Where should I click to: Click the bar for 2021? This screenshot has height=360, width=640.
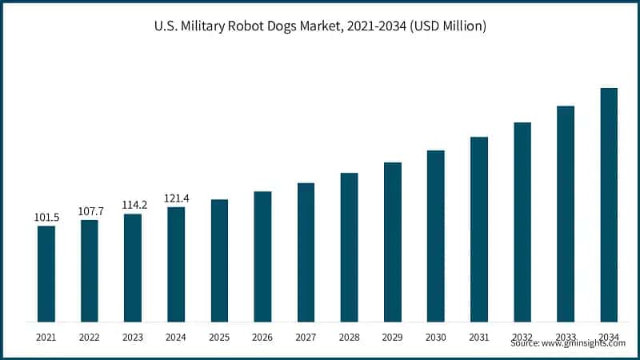46,274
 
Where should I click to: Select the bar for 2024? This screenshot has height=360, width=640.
176,264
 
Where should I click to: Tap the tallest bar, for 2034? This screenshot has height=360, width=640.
609,205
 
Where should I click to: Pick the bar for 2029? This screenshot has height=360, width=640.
392,242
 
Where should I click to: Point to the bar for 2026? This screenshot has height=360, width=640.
262,256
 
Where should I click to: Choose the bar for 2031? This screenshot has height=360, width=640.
479,229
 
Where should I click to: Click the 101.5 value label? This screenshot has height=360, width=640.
46,217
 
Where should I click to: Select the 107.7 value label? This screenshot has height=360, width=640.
90,211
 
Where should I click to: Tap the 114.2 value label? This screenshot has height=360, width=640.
133,205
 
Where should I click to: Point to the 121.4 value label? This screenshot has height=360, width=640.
176,198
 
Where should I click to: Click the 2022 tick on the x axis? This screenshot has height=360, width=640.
90,337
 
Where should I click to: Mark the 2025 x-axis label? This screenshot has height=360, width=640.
219,337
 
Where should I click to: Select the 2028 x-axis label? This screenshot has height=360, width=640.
349,337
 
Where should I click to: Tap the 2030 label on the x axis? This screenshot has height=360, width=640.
435,337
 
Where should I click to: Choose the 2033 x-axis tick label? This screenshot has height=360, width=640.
566,337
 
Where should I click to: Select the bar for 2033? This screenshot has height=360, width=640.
566,214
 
